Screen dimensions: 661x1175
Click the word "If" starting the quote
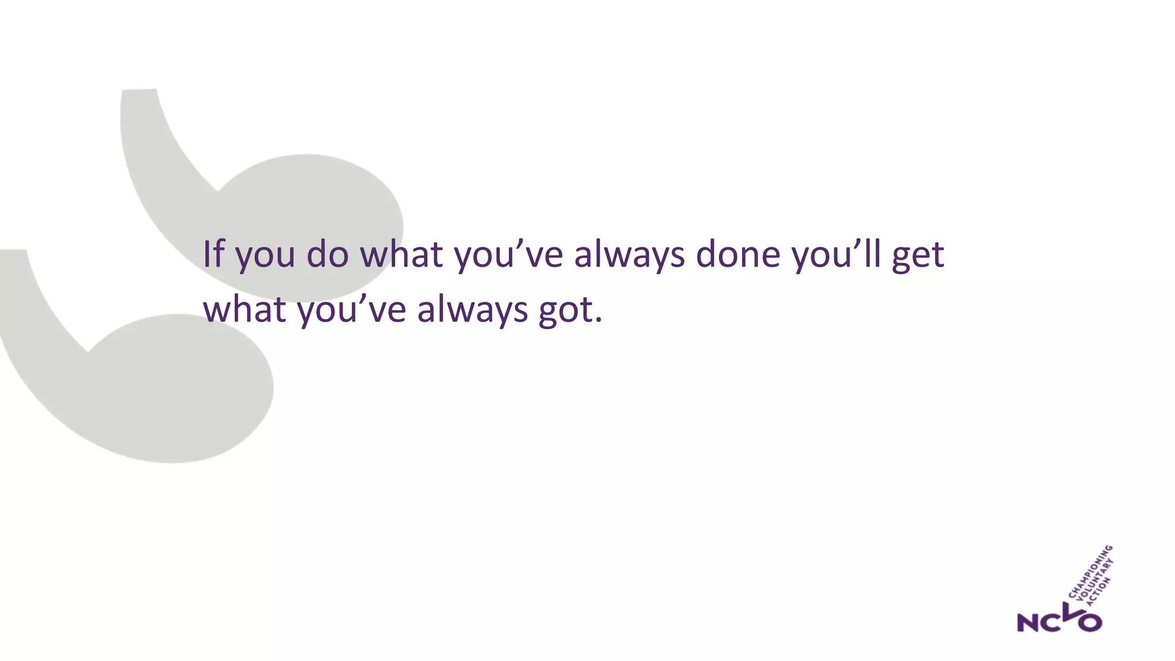(x=213, y=254)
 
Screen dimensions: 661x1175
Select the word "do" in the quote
(x=327, y=254)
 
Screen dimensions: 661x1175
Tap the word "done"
(x=738, y=254)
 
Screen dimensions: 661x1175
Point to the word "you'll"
(x=836, y=254)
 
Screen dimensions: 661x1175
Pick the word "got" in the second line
(x=564, y=310)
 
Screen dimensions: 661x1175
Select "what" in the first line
(x=401, y=254)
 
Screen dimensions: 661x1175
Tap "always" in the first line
(x=629, y=255)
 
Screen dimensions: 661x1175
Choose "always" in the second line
(x=472, y=310)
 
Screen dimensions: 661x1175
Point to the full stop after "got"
(x=599, y=320)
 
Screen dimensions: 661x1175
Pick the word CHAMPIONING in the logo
(x=1091, y=571)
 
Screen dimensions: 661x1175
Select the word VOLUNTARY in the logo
(x=1095, y=581)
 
